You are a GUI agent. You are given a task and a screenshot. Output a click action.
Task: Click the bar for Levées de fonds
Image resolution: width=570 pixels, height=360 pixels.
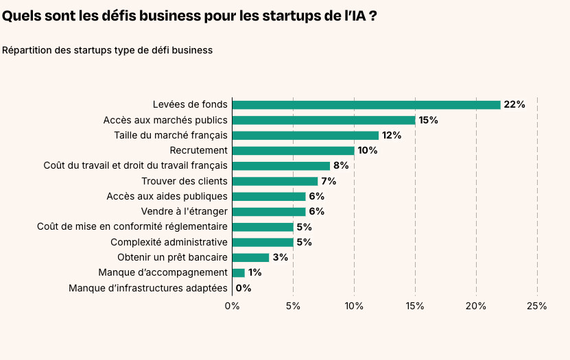(366, 105)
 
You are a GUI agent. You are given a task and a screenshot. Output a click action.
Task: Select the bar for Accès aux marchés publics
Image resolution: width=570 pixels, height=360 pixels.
(324, 120)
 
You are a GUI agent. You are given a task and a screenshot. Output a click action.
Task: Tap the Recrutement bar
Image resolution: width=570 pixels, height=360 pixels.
(294, 150)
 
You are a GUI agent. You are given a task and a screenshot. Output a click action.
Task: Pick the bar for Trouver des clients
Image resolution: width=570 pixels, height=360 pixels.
(275, 181)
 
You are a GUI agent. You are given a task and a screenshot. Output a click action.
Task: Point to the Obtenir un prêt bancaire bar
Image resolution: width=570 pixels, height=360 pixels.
(250, 257)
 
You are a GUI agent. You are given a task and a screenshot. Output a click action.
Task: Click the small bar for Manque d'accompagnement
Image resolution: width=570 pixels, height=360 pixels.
(238, 272)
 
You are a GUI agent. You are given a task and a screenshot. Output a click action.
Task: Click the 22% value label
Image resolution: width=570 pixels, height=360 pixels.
(514, 105)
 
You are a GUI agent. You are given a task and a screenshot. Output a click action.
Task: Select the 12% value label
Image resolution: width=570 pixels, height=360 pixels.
(391, 135)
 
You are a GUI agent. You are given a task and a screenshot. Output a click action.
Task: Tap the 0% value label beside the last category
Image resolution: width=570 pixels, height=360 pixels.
(244, 288)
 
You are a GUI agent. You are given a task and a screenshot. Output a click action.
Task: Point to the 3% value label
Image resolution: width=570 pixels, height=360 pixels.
(280, 257)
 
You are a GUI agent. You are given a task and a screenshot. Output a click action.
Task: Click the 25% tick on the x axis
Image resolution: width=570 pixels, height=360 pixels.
(536, 306)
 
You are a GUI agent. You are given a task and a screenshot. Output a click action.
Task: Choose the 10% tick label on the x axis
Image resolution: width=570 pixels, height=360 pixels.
(354, 306)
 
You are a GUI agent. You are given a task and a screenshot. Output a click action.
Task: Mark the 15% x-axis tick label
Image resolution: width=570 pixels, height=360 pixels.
(415, 306)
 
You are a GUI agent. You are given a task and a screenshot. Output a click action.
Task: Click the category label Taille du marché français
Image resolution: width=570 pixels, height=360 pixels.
(170, 135)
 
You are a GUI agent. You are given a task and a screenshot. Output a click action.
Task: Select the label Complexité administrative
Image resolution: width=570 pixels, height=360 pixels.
(169, 242)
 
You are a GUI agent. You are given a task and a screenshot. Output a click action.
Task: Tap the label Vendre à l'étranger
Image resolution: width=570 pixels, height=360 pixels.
(184, 211)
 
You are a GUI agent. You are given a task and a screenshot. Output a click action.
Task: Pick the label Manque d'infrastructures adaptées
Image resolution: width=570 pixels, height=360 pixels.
(147, 288)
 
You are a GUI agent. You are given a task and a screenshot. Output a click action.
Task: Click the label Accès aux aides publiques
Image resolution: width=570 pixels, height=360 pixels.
(167, 196)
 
